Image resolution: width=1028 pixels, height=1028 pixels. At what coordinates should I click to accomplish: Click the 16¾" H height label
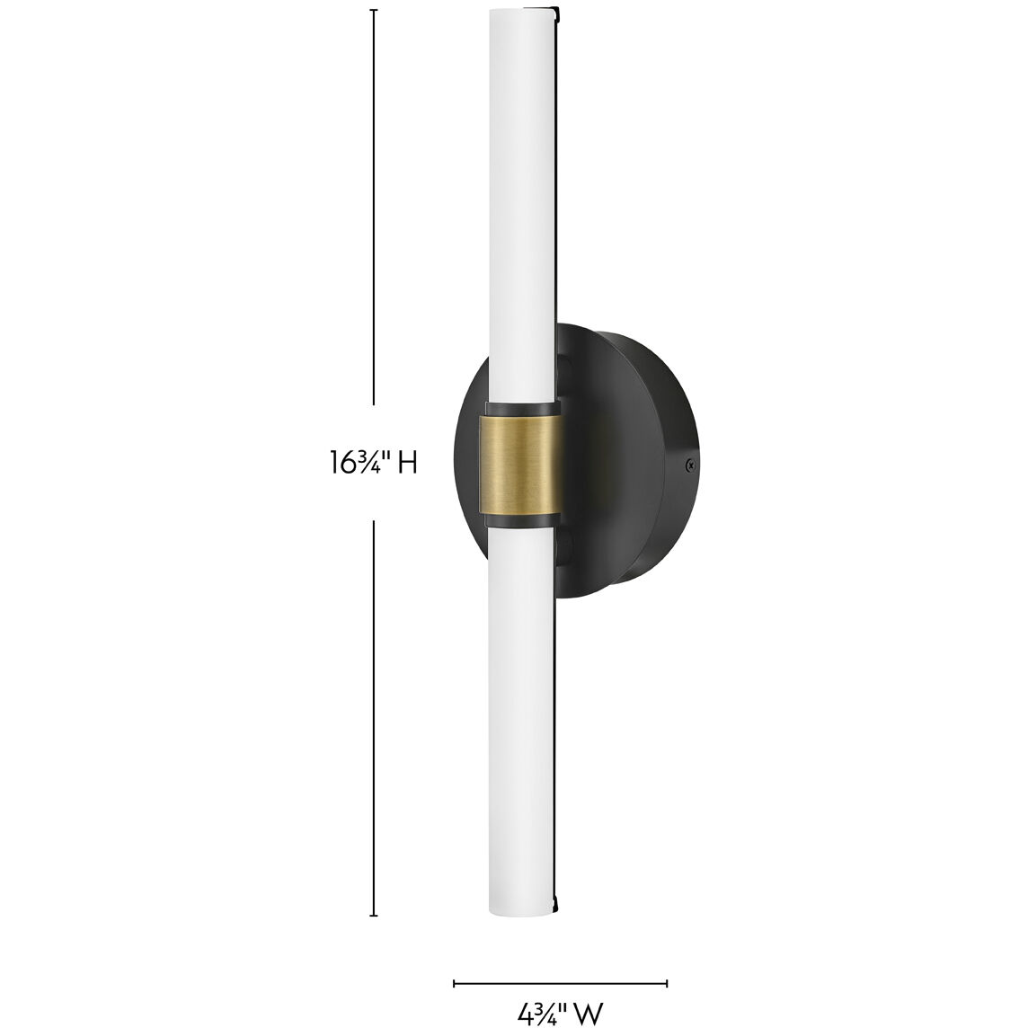click(x=373, y=462)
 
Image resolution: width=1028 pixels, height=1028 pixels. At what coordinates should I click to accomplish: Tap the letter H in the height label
click(x=407, y=463)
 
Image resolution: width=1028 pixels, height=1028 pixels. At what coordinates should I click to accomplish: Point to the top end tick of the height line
click(x=374, y=11)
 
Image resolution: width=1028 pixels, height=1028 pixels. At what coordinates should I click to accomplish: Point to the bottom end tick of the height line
click(x=374, y=916)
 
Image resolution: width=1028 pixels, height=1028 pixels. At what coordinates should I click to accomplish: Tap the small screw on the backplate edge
click(x=690, y=464)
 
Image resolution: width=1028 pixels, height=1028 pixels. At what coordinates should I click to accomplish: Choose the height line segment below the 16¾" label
click(x=374, y=719)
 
